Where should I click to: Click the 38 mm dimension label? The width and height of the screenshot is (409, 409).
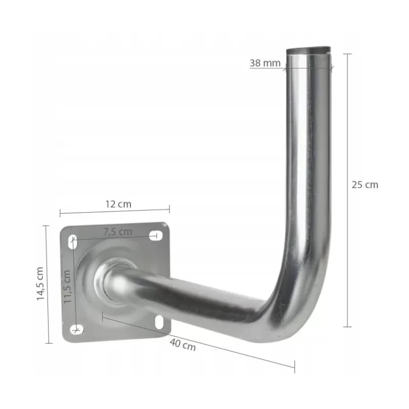[264, 63]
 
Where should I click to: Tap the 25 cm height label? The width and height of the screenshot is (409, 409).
[365, 185]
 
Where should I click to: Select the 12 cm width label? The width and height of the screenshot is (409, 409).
[118, 204]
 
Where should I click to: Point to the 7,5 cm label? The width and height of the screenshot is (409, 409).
[118, 232]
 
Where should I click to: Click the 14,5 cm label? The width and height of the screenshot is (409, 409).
[40, 284]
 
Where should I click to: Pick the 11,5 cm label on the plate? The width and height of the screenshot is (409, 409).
[68, 286]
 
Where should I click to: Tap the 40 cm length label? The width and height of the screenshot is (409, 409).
[183, 344]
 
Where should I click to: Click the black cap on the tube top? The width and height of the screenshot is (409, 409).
[308, 50]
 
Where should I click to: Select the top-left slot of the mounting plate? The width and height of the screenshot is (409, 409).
[73, 242]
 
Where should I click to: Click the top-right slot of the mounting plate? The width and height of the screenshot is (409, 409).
[156, 236]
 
